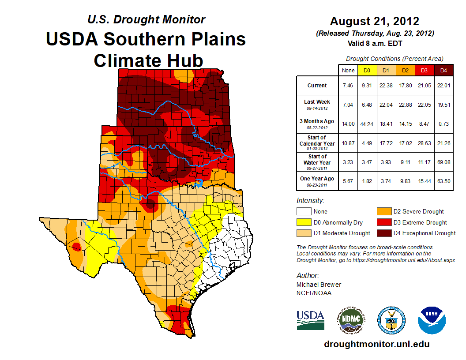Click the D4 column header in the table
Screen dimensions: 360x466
443,70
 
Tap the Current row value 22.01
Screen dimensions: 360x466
443,86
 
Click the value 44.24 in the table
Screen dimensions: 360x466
367,124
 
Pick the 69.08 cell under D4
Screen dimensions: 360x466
443,162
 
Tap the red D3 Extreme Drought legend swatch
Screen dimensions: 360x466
382,222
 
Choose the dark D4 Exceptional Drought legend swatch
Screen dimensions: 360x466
382,233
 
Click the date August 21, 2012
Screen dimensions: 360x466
375,21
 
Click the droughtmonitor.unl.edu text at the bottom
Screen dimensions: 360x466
376,344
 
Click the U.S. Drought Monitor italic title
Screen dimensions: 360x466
146,19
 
